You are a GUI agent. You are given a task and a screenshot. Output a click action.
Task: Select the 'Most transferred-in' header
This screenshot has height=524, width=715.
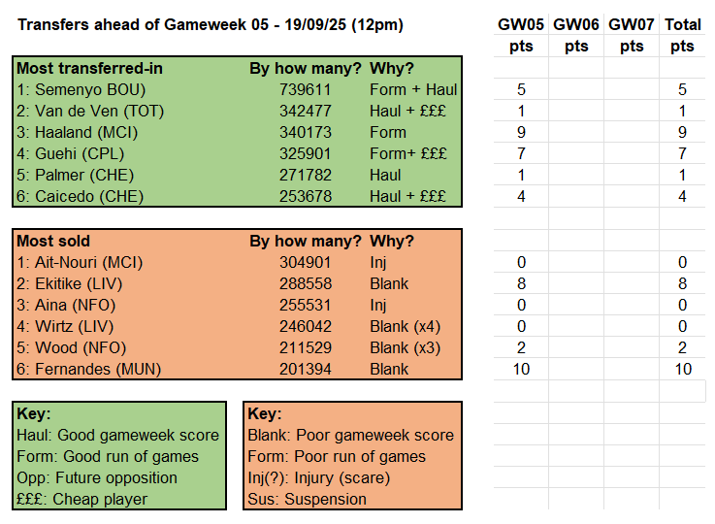[88, 68]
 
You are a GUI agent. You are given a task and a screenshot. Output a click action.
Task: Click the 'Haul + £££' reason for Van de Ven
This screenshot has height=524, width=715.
[407, 111]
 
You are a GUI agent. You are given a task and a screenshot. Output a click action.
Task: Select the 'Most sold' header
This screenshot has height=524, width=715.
[54, 241]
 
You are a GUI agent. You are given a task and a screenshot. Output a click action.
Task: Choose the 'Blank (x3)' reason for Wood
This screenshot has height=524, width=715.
[403, 347]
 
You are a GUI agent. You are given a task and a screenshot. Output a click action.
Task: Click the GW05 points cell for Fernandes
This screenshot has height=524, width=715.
[521, 369]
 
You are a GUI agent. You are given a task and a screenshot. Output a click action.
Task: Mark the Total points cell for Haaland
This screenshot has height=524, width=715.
[682, 132]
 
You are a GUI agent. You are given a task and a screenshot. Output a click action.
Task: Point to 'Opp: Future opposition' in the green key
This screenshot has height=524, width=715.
[97, 477]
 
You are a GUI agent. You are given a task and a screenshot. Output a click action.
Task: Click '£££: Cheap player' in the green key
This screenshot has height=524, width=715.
[82, 499]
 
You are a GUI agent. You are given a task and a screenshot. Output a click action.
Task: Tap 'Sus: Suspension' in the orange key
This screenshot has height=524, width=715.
[308, 499]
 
